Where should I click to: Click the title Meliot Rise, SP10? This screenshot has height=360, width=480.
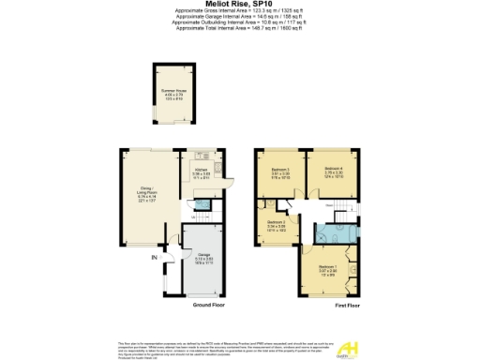point(239,4)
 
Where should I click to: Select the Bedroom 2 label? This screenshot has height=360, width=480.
point(277,225)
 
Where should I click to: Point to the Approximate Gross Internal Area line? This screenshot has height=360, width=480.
point(239,12)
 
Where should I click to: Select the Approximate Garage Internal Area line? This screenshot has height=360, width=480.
point(239,18)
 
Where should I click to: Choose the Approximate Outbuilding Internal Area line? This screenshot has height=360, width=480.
point(239,23)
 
